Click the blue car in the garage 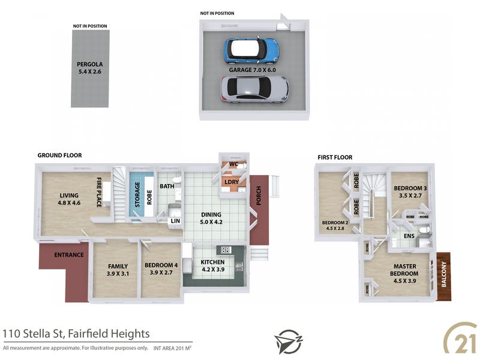coord(251,50)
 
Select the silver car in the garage coord(254,89)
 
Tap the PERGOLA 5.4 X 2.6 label coord(89,68)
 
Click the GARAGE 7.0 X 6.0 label coord(252,70)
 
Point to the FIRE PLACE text coord(99,192)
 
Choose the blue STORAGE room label coord(137,194)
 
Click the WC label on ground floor coord(233,164)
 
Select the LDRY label coord(232,182)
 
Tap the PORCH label coord(259,196)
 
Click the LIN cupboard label coord(175,221)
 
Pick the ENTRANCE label coord(69,254)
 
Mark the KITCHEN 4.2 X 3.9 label coord(213,266)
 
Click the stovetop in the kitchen coord(226,250)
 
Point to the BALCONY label coord(444,274)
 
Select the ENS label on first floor coord(409,236)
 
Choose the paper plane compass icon coord(288,341)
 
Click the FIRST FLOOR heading coord(335,157)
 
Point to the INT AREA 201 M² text coord(172,348)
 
